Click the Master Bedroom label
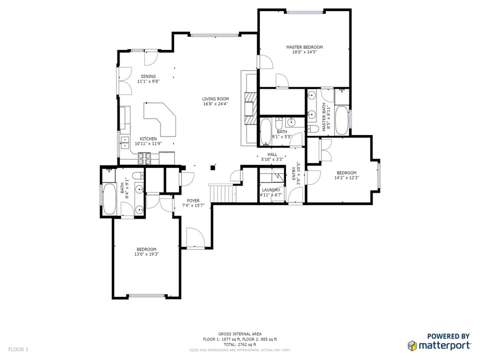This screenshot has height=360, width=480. click(304, 47)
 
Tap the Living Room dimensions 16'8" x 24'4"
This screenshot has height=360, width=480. click(215, 104)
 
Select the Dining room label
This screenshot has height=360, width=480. click(148, 76)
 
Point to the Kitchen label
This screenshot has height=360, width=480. click(148, 138)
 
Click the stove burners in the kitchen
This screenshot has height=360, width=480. click(144, 158)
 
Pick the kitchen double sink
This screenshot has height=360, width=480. click(125, 142)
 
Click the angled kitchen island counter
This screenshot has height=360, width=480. click(160, 119)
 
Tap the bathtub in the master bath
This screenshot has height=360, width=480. click(341, 120)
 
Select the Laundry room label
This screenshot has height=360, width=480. click(271, 190)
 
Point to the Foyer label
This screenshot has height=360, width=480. click(193, 201)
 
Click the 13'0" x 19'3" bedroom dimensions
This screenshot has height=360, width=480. click(146, 254)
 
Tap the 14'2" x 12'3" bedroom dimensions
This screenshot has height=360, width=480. click(346, 177)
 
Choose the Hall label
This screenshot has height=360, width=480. click(272, 154)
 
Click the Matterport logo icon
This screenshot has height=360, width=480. click(412, 345)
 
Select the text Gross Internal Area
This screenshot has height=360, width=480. click(240, 334)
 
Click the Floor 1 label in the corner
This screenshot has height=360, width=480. click(18, 349)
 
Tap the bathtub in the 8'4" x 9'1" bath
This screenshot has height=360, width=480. click(109, 199)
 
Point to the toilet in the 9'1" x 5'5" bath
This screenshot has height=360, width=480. click(279, 123)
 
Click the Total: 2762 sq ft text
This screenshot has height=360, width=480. click(240, 344)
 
